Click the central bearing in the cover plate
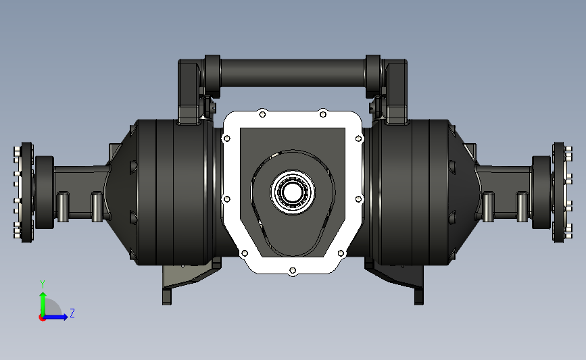[x=293, y=192]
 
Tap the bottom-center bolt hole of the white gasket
[x=293, y=270]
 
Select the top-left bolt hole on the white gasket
[x=262, y=114]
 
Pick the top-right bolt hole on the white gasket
[x=323, y=114]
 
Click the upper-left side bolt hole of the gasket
[x=226, y=139]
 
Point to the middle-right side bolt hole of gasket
[x=358, y=199]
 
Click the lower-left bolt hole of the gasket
[x=245, y=253]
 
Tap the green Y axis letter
[x=43, y=284]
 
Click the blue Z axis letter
[x=72, y=313]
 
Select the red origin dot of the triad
[x=42, y=318]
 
